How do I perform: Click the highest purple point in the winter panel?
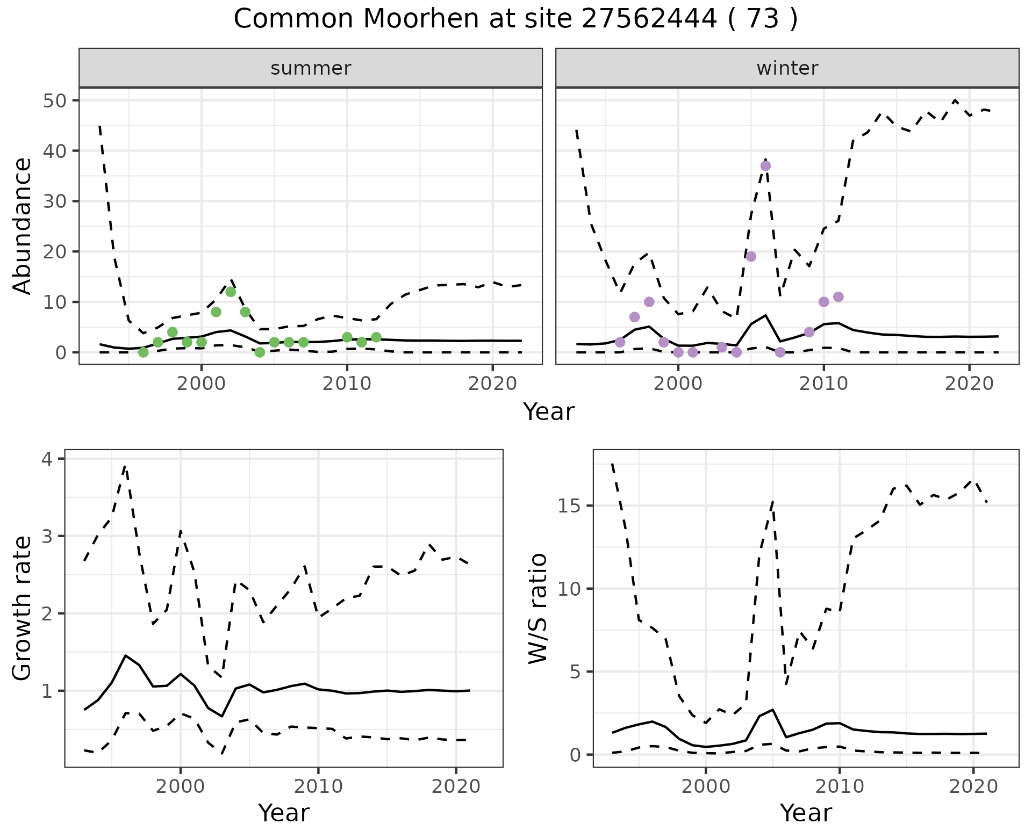765,166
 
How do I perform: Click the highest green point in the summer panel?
231,292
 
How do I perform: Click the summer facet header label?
311,68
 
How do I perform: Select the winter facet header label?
787,68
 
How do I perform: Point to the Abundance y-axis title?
22,226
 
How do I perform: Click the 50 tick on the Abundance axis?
54,101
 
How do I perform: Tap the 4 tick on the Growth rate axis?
47,459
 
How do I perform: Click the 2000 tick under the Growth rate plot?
181,787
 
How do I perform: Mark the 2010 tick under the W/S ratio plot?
839,787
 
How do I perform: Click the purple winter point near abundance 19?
751,257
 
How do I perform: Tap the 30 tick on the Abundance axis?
54,201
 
